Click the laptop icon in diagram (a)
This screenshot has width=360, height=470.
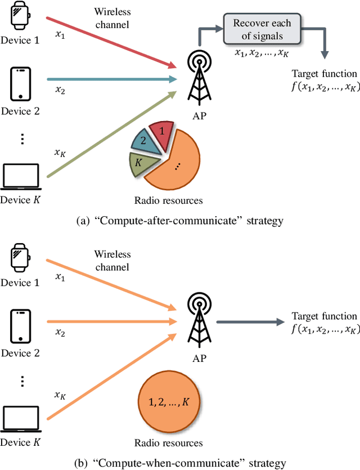(x=20, y=177)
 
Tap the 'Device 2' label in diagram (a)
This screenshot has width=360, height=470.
(x=20, y=111)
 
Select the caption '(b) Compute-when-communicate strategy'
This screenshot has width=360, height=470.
(x=180, y=463)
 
